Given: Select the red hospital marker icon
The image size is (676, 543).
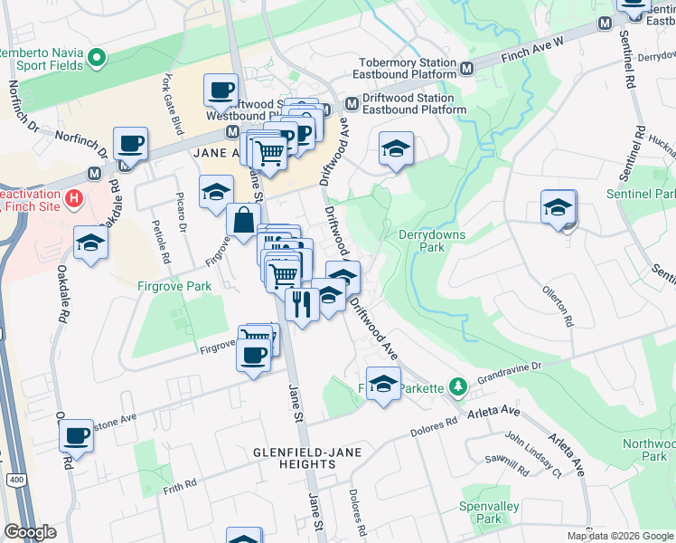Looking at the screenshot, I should pos(75,197).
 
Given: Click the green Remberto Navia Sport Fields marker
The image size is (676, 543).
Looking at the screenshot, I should pos(96,60).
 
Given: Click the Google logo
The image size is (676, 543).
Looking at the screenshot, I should pos(31,532).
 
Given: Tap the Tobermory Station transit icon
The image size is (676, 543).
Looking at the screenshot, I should pos(467,68).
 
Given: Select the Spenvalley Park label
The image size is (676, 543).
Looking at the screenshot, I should pos(480,511).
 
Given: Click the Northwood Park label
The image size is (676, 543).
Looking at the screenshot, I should pos(647,450).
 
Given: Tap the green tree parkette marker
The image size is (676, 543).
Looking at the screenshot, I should pos(459,387).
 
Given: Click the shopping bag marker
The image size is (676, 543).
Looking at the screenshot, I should pos(243,219).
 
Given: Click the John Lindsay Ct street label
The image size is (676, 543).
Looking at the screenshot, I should pos(532,453).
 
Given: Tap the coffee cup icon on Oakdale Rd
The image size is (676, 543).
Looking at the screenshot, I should pos(77,435).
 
